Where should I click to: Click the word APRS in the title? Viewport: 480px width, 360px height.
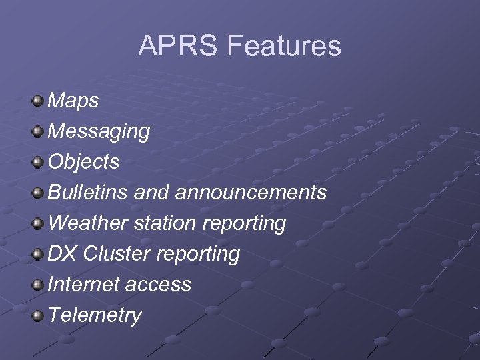click(x=178, y=46)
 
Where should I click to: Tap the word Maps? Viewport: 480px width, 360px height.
click(x=74, y=101)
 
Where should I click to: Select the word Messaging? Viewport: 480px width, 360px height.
click(x=99, y=131)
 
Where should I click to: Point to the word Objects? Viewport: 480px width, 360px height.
click(x=84, y=161)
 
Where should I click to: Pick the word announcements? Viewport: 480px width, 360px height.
click(x=251, y=193)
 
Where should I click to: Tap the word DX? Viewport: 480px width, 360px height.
click(x=64, y=253)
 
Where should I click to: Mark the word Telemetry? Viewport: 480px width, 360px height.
click(x=95, y=315)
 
